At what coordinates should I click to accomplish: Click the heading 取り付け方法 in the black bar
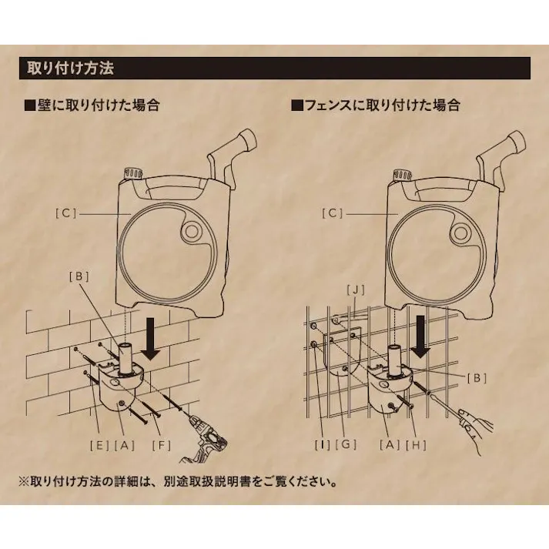point(70,68)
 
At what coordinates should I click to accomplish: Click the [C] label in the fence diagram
point(332,213)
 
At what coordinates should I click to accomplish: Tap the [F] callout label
point(162,444)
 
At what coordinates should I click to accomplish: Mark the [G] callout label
point(350,444)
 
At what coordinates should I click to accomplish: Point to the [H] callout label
point(417,444)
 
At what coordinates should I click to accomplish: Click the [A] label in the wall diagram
point(125,444)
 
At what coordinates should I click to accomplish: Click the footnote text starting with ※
point(177,483)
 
